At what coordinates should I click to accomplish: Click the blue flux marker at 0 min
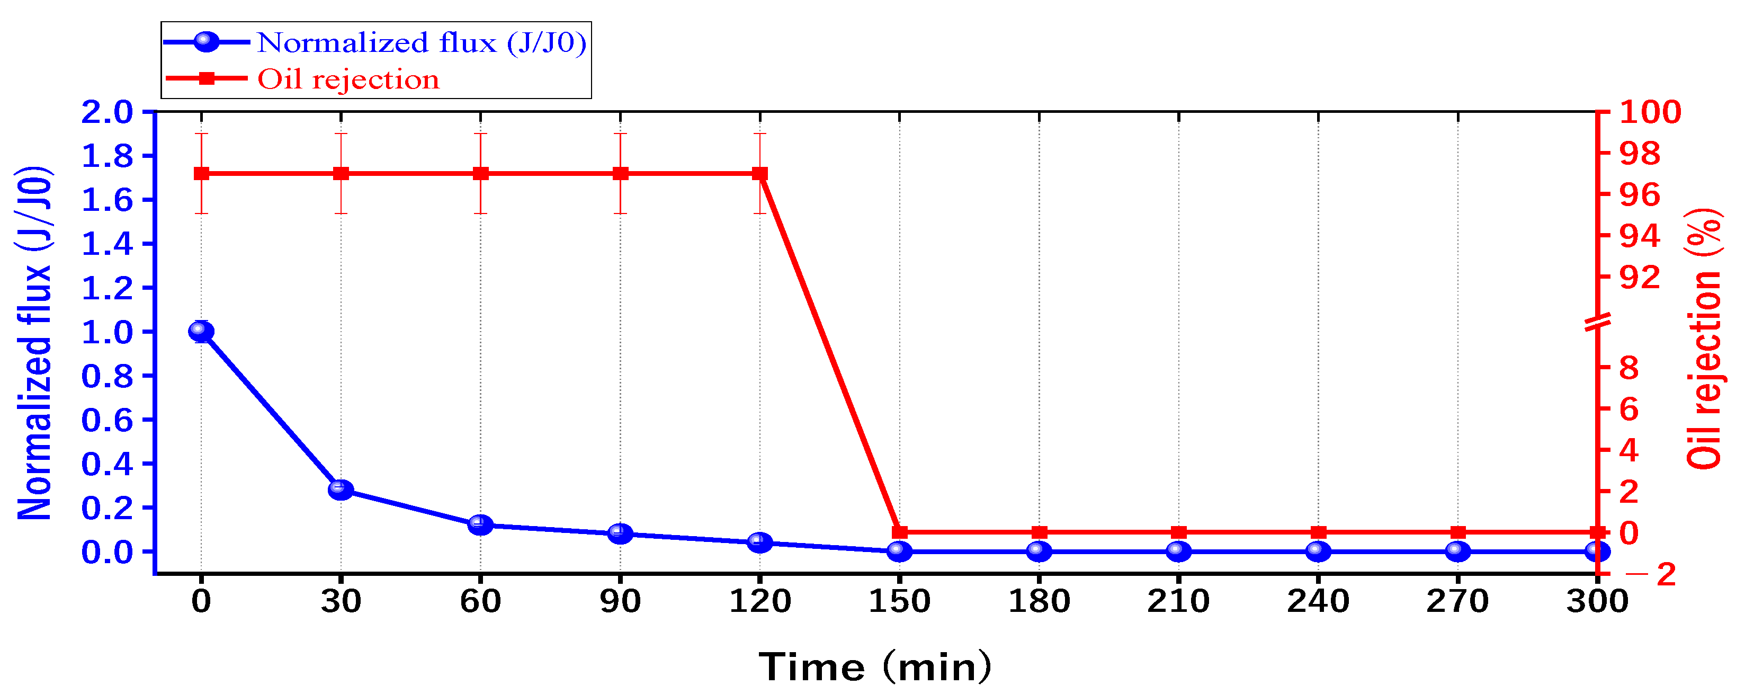[x=201, y=332]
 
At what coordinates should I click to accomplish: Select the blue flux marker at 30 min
[x=341, y=490]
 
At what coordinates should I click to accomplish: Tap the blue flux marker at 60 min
[x=480, y=524]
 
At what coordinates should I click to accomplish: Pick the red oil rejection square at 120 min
[x=760, y=174]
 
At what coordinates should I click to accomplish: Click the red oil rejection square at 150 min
[x=900, y=533]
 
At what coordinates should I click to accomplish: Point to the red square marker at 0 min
[x=201, y=174]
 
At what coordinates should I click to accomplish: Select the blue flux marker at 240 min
[x=1318, y=551]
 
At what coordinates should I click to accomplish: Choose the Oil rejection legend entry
[x=348, y=79]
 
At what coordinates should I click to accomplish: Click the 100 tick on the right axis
[x=1650, y=112]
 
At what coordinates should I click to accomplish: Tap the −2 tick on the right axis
[x=1650, y=575]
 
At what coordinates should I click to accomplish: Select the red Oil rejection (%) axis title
[x=1704, y=339]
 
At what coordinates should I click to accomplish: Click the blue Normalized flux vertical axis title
[x=34, y=342]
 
